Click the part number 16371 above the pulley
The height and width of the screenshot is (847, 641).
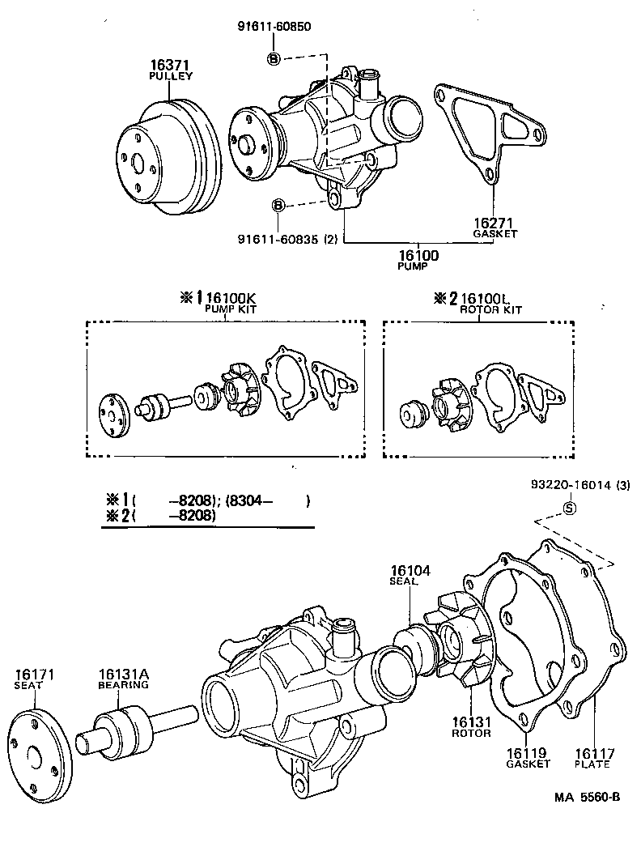(170, 64)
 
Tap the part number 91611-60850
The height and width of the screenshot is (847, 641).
(274, 26)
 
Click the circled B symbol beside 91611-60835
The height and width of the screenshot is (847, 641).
(278, 205)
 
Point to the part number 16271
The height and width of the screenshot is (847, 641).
(495, 223)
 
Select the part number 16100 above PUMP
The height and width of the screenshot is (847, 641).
(418, 255)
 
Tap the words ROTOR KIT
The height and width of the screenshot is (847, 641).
(490, 309)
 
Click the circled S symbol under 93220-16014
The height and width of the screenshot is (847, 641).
(568, 509)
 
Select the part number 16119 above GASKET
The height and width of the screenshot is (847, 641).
(527, 753)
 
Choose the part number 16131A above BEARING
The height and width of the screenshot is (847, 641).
(123, 674)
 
